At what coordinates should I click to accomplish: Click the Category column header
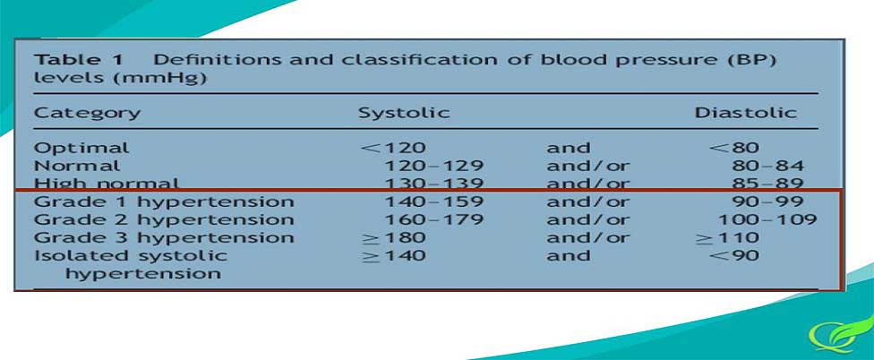pos(87,113)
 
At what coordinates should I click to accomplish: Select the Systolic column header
pos(404,113)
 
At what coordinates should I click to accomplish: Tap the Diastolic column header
pos(745,113)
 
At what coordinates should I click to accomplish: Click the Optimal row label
pos(81,149)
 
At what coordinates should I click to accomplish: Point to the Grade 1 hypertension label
pos(164,202)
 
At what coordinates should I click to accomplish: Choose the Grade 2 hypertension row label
pos(164,220)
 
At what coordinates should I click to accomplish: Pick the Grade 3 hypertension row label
pos(164,238)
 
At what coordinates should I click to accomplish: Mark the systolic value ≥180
pos(393,238)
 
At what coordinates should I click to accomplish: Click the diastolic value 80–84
pos(767,166)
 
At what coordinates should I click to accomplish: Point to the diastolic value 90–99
pos(767,201)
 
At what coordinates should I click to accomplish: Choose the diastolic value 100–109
pos(767,219)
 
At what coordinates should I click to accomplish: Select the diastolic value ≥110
pos(727,238)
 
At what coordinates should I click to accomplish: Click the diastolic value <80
pos(734,149)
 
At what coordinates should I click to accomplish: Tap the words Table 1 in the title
pos(79,60)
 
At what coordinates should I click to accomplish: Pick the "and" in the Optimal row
pos(568,149)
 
